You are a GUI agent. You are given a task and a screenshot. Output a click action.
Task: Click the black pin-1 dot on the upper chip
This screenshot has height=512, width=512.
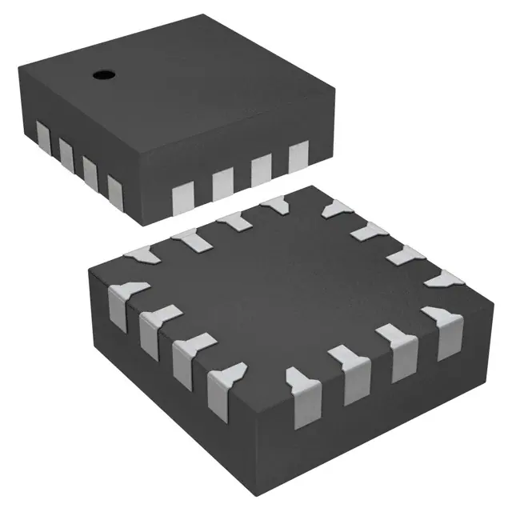[102, 75]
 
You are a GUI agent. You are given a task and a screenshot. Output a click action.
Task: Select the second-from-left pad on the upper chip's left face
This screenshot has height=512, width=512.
[66, 149]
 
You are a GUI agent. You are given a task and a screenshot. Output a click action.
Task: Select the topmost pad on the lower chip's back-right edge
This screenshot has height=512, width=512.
[333, 210]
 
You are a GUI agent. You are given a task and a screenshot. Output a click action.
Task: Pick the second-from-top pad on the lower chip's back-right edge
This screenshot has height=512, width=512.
[369, 231]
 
